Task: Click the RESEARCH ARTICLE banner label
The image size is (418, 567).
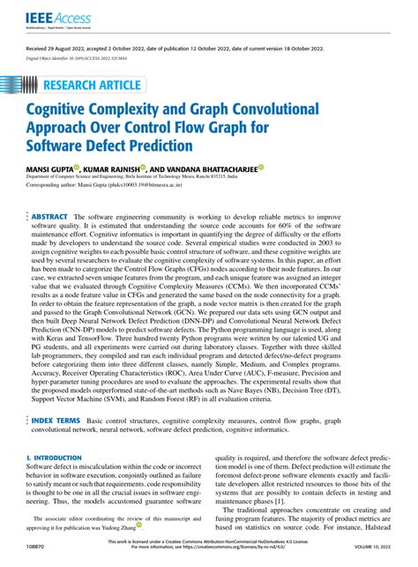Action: tap(88, 86)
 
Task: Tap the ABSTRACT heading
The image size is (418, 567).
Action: tap(50, 216)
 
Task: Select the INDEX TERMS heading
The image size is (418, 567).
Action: tap(56, 422)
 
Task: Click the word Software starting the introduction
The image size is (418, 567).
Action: tap(41, 469)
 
